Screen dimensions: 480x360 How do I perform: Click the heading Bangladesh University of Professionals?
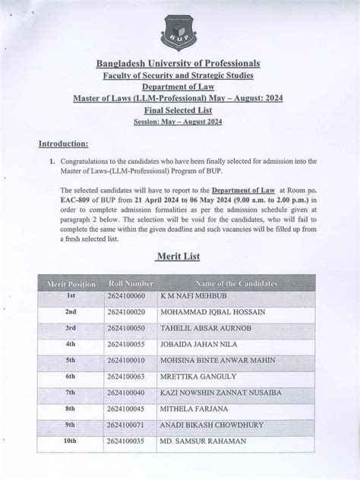(x=178, y=62)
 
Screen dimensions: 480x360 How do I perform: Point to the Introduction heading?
(x=64, y=144)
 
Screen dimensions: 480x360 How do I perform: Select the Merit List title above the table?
(x=179, y=257)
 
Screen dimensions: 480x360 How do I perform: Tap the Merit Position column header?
(x=71, y=283)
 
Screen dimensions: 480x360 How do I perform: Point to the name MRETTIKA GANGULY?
(x=195, y=375)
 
